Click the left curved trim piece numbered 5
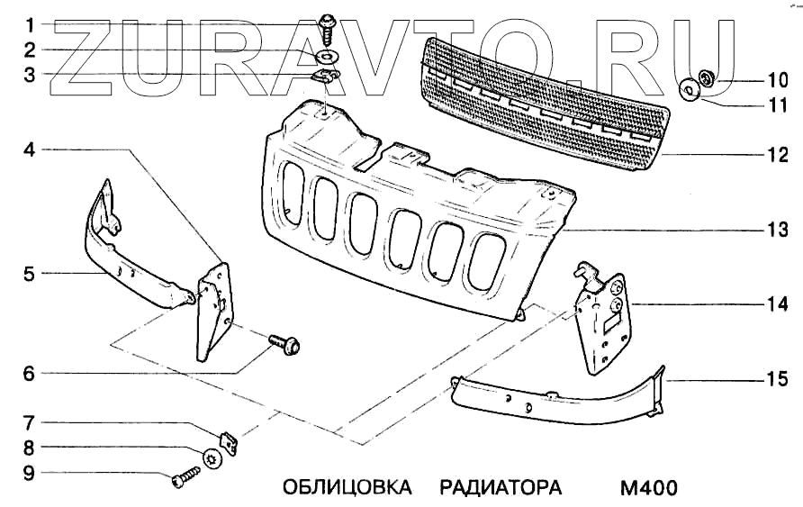tap(135, 257)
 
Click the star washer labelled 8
tap(212, 457)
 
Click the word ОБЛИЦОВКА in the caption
tap(347, 488)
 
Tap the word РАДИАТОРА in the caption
tap(501, 488)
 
